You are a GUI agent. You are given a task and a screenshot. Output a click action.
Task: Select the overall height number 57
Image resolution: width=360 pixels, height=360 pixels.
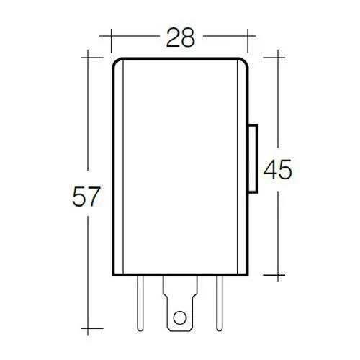[85, 197]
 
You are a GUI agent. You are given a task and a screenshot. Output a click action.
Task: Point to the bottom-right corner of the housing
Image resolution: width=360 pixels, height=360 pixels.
[248, 275]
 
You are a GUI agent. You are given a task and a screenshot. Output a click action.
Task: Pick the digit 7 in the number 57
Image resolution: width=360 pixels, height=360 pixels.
[93, 197]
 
